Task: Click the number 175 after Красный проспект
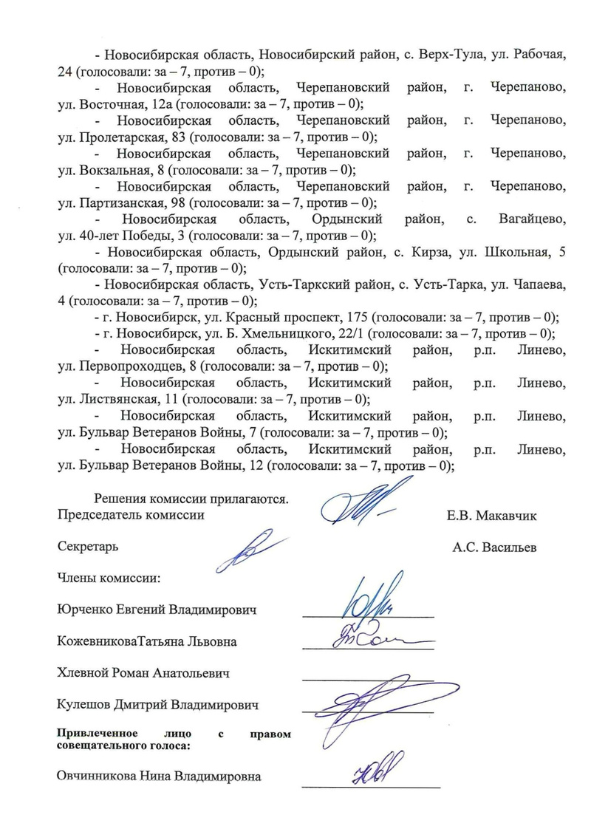[x=355, y=318]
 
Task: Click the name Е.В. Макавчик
[x=491, y=516]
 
